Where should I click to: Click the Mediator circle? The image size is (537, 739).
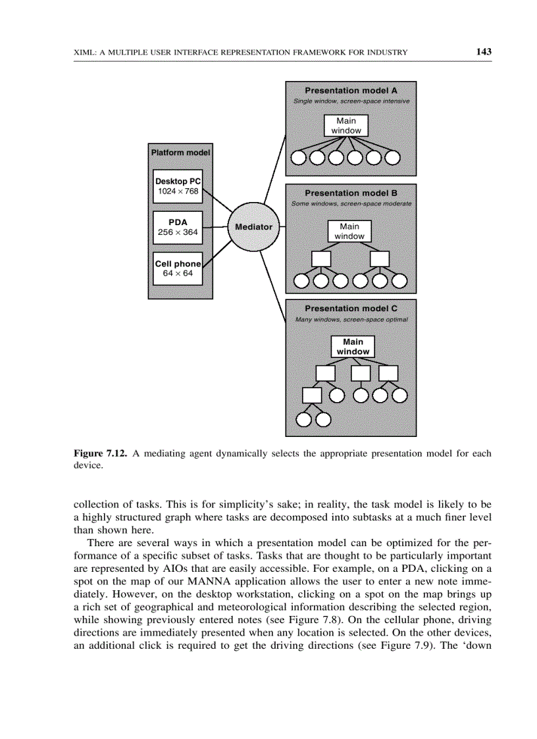point(253,227)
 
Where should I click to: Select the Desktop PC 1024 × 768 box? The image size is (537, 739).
point(178,186)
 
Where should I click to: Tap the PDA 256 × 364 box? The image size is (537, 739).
point(178,227)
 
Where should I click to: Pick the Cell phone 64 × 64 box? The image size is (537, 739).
point(178,268)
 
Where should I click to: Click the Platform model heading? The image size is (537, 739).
point(180,153)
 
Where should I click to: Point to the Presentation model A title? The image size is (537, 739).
point(350,90)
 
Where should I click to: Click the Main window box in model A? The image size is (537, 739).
point(346,126)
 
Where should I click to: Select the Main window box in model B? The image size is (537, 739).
point(349,231)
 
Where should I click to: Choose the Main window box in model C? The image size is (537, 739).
point(353,347)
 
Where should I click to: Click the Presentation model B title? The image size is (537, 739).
point(350,193)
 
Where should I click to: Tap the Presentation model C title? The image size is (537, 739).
point(350,309)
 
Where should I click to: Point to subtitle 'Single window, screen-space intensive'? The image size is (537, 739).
point(351,101)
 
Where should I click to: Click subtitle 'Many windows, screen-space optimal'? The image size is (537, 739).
point(351,320)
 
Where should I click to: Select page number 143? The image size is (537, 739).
point(484,52)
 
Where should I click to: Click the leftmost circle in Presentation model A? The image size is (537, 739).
point(299,158)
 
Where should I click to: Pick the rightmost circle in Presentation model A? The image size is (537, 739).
point(393,158)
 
